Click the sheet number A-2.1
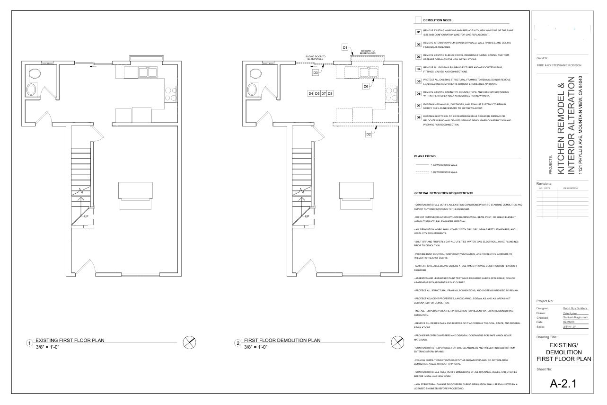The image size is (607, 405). pyautogui.click(x=563, y=384)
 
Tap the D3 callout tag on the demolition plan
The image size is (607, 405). pyautogui.click(x=316, y=72)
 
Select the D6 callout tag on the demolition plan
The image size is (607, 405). pyautogui.click(x=366, y=87)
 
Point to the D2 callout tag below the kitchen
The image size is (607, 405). pyautogui.click(x=369, y=134)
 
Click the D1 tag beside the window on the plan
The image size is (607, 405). pyautogui.click(x=345, y=47)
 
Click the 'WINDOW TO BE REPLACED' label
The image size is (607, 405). pyautogui.click(x=368, y=52)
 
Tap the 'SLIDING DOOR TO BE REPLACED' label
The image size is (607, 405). pyautogui.click(x=315, y=57)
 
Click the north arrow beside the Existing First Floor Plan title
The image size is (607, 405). pyautogui.click(x=189, y=342)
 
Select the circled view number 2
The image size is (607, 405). pyautogui.click(x=238, y=343)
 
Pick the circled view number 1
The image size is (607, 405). pyautogui.click(x=30, y=343)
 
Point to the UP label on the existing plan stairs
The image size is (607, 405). pyautogui.click(x=86, y=216)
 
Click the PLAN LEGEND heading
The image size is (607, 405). pyautogui.click(x=425, y=156)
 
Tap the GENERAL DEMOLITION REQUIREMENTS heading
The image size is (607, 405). pyautogui.click(x=443, y=193)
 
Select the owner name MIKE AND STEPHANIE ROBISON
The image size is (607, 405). pyautogui.click(x=559, y=65)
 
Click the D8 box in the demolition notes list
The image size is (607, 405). pyautogui.click(x=418, y=117)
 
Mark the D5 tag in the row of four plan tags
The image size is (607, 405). pyautogui.click(x=317, y=93)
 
